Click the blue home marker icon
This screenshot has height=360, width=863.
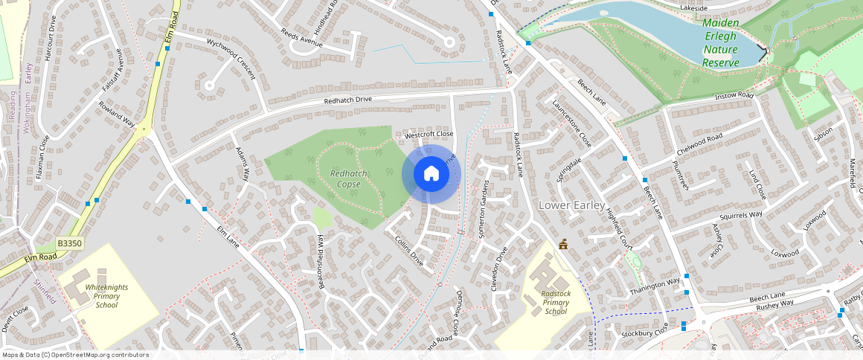pos(431,174)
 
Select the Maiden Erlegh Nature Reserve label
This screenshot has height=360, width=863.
pos(721,43)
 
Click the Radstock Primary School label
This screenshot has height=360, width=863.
pos(556,302)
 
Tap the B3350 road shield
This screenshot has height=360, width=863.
pos(69,243)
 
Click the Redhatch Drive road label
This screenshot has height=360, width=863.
pos(347,100)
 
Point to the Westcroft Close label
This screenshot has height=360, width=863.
pos(429,134)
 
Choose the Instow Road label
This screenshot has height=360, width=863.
pos(734,96)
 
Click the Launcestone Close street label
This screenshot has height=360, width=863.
pos(572,124)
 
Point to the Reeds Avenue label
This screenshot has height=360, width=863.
pos(301,38)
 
